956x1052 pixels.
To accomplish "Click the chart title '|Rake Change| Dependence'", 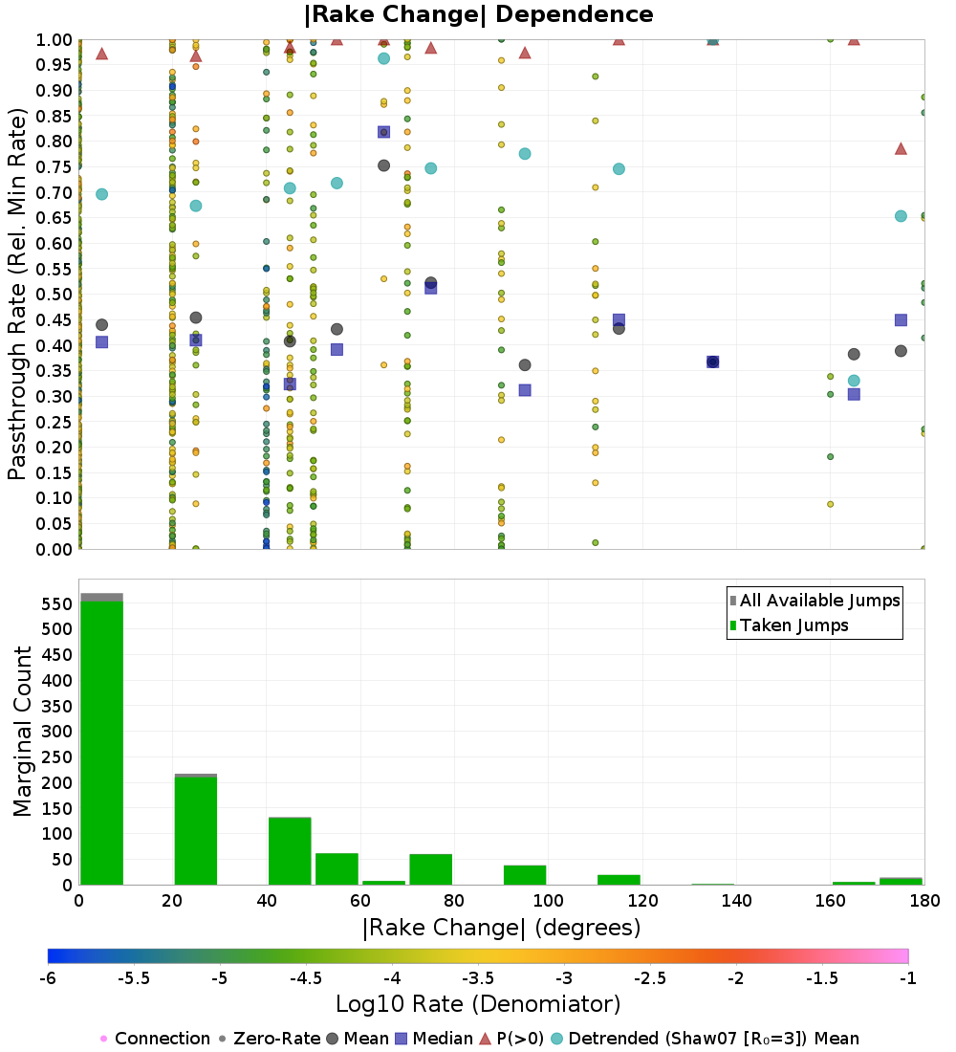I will click(478, 14).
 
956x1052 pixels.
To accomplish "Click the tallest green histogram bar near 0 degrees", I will click(101, 742).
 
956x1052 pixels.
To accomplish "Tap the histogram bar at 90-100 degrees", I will click(525, 875).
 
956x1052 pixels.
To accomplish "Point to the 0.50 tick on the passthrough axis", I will click(57, 295).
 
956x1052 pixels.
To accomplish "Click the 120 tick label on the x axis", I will click(642, 901).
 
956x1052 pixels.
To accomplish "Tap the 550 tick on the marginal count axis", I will click(57, 604).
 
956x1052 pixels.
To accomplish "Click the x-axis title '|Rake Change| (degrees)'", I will click(501, 928).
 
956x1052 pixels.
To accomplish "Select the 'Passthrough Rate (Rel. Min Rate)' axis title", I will click(17, 294).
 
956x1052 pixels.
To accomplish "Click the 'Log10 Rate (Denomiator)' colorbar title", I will click(478, 1004).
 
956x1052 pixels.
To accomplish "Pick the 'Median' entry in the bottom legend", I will click(435, 1039).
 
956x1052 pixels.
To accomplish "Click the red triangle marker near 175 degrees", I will click(901, 148).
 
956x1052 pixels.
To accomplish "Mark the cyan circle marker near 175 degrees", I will click(901, 216).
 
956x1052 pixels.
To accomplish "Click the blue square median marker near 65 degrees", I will click(383, 132).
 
